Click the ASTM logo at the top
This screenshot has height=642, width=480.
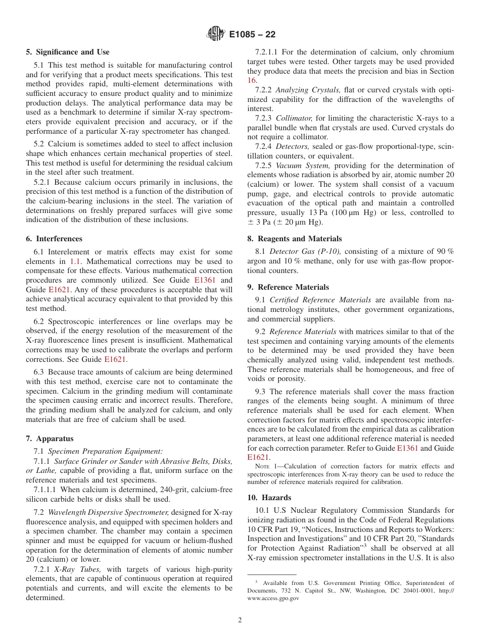[216, 34]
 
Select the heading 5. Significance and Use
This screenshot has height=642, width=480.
[68, 52]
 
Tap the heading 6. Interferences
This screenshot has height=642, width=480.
[54, 239]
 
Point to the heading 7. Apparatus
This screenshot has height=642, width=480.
[50, 439]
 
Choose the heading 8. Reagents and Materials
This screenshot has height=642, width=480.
[295, 239]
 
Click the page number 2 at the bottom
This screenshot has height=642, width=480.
[240, 620]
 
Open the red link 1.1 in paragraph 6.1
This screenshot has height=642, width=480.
[75, 261]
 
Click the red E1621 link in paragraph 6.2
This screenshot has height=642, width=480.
[115, 359]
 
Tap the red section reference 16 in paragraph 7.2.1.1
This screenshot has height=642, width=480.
[252, 80]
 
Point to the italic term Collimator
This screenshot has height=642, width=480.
[291, 118]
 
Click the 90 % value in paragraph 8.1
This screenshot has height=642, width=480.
[445, 251]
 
